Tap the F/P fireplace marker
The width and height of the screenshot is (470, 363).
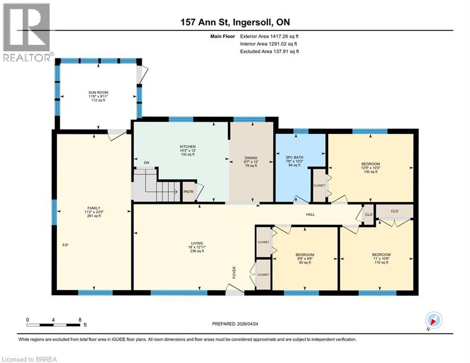(x=66, y=245)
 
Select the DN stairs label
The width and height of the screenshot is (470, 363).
(x=147, y=163)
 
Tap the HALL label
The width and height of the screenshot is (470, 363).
(x=310, y=215)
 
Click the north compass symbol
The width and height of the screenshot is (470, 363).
(x=434, y=320)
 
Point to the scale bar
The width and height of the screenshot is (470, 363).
(x=53, y=325)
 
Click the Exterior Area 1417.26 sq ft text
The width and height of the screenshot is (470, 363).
(x=269, y=36)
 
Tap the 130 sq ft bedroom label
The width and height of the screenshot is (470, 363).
(x=370, y=168)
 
